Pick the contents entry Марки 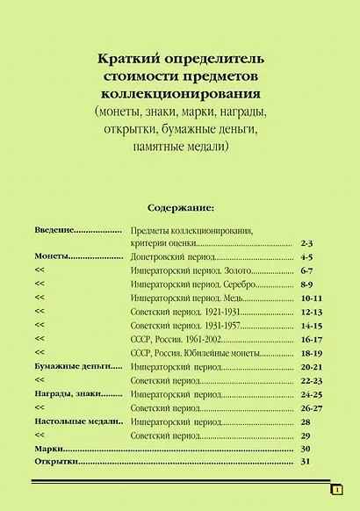pyautogui.click(x=50, y=449)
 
